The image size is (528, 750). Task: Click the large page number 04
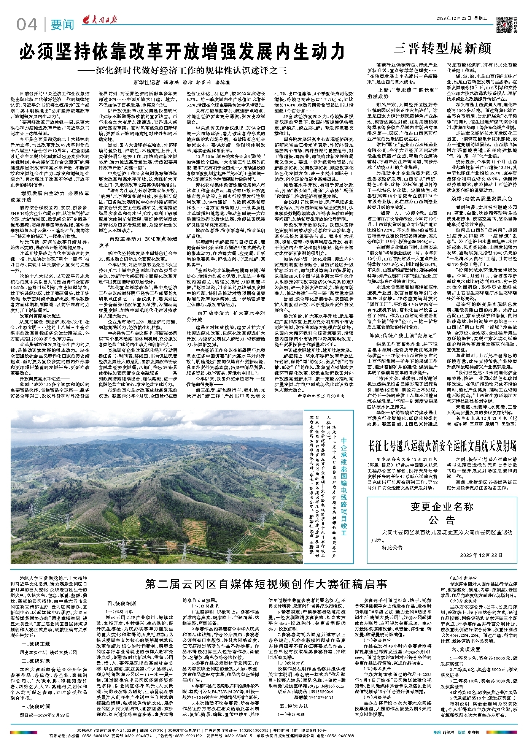(x=27, y=25)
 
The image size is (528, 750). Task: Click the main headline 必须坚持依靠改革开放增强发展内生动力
(x=182, y=52)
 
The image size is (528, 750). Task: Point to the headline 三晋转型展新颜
(x=442, y=49)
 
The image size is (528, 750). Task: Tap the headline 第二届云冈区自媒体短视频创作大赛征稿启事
(x=266, y=584)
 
